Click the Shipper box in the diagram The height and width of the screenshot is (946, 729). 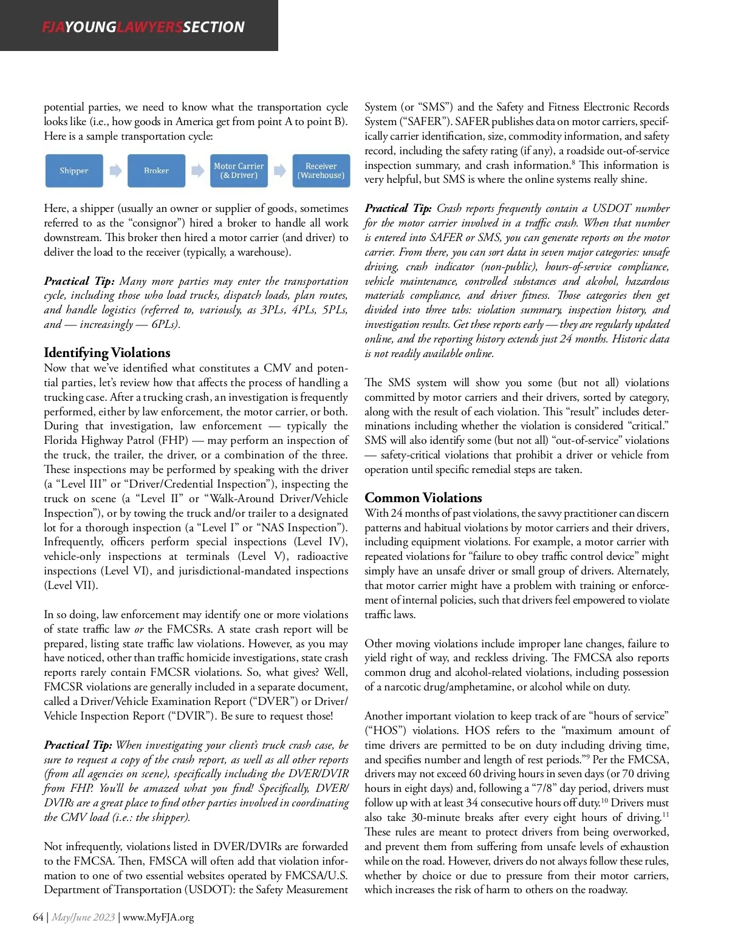pos(74,171)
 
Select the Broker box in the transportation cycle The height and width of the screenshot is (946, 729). pos(156,171)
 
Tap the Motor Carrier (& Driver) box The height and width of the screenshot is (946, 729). pos(239,171)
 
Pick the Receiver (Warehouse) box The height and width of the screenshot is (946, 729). pos(321,171)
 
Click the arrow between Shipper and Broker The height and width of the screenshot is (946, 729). pos(115,171)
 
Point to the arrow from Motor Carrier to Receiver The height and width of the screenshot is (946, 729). pos(279,171)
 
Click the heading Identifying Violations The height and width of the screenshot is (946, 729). pos(107,353)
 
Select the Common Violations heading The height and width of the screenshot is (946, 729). pos(423,498)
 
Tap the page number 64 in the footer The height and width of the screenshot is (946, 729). pos(38,917)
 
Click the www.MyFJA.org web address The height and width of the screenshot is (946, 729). pos(159,917)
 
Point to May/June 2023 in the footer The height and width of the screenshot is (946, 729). pos(83,917)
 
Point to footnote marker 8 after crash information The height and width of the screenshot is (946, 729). pos(573,162)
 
